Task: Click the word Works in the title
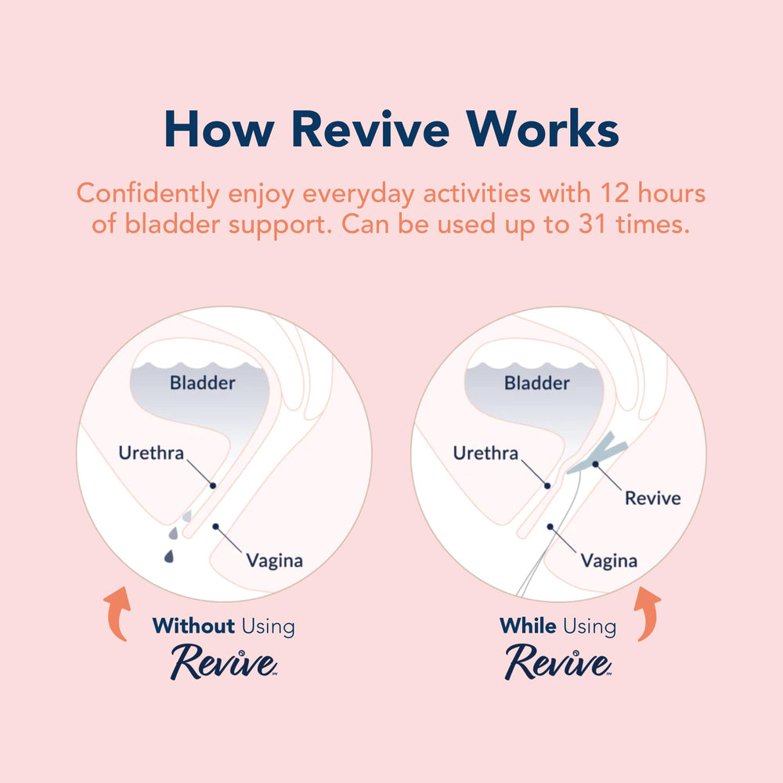543,128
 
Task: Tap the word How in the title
219,129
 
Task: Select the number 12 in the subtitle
615,193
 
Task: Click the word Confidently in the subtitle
148,193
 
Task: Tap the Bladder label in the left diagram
202,383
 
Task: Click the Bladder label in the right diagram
537,383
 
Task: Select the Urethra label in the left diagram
151,453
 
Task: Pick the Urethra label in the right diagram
486,453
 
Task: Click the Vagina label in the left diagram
275,561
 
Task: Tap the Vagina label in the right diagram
609,561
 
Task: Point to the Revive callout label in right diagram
653,498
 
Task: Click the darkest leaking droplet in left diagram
169,556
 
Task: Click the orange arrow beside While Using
648,613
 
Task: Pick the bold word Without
193,626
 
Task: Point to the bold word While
528,626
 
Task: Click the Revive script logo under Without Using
224,662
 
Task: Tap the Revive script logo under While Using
558,662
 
